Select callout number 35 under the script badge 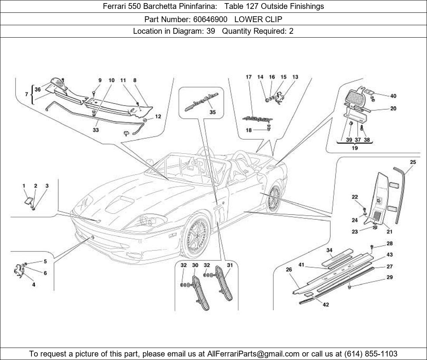tap(212, 112)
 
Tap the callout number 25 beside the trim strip tap(413, 162)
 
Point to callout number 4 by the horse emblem tap(34, 284)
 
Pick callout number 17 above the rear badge tap(248, 77)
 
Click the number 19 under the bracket tap(354, 148)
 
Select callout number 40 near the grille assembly tap(393, 96)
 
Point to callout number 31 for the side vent tap(230, 265)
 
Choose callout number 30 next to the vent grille tap(195, 265)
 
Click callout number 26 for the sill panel tap(288, 270)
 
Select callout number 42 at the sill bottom tap(326, 305)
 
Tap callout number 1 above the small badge tap(24, 186)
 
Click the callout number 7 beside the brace tap(26, 94)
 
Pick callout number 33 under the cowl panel tap(95, 130)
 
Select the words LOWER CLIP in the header tap(258, 19)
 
